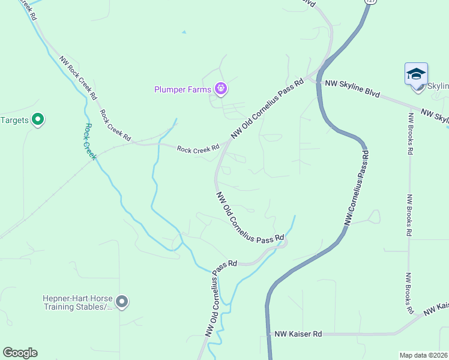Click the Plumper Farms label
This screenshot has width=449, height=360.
[x=182, y=90]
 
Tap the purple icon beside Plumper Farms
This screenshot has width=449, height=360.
[x=221, y=89]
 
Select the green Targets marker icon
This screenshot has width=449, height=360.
[x=38, y=120]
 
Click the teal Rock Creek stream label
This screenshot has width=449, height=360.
[x=89, y=142]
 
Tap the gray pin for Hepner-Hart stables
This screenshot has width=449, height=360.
[x=122, y=302]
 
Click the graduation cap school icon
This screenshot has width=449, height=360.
[x=416, y=74]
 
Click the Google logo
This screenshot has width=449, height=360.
[x=20, y=353]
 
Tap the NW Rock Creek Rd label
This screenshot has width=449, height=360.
[x=77, y=78]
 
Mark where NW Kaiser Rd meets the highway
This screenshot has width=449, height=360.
[x=268, y=334]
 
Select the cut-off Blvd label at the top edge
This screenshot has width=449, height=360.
[x=308, y=3]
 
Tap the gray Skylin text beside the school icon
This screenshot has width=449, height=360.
[x=438, y=86]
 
